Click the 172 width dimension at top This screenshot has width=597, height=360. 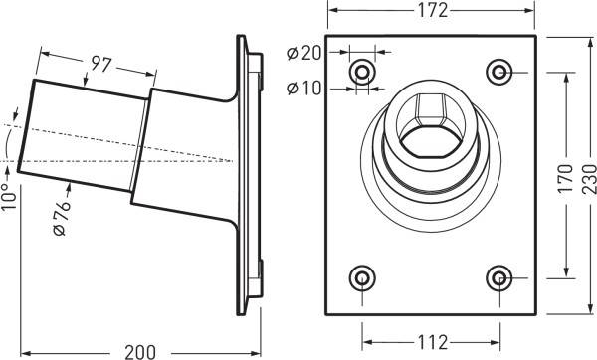pos(431,10)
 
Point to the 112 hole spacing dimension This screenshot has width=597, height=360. pos(430,343)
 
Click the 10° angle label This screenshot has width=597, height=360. pos(9,198)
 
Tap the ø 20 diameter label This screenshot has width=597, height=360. pos(303,52)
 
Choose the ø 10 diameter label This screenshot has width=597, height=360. pos(303,88)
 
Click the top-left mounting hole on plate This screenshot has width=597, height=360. pos(362,72)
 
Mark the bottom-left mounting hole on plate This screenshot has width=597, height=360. pos(362,277)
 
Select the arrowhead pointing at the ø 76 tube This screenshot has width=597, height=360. pos(68,186)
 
